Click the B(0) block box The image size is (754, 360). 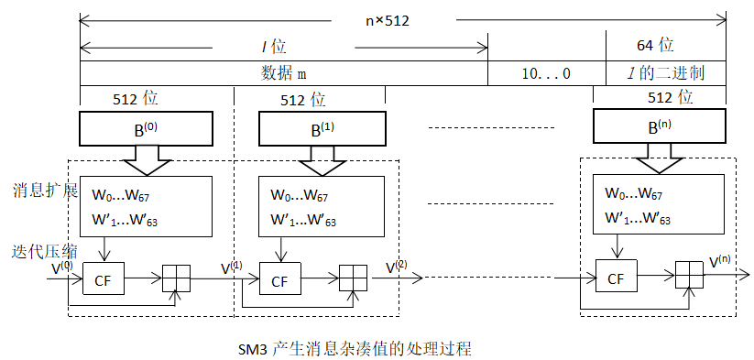point(147,128)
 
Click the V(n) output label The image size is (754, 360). point(722,261)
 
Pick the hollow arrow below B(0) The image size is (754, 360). point(147,159)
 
